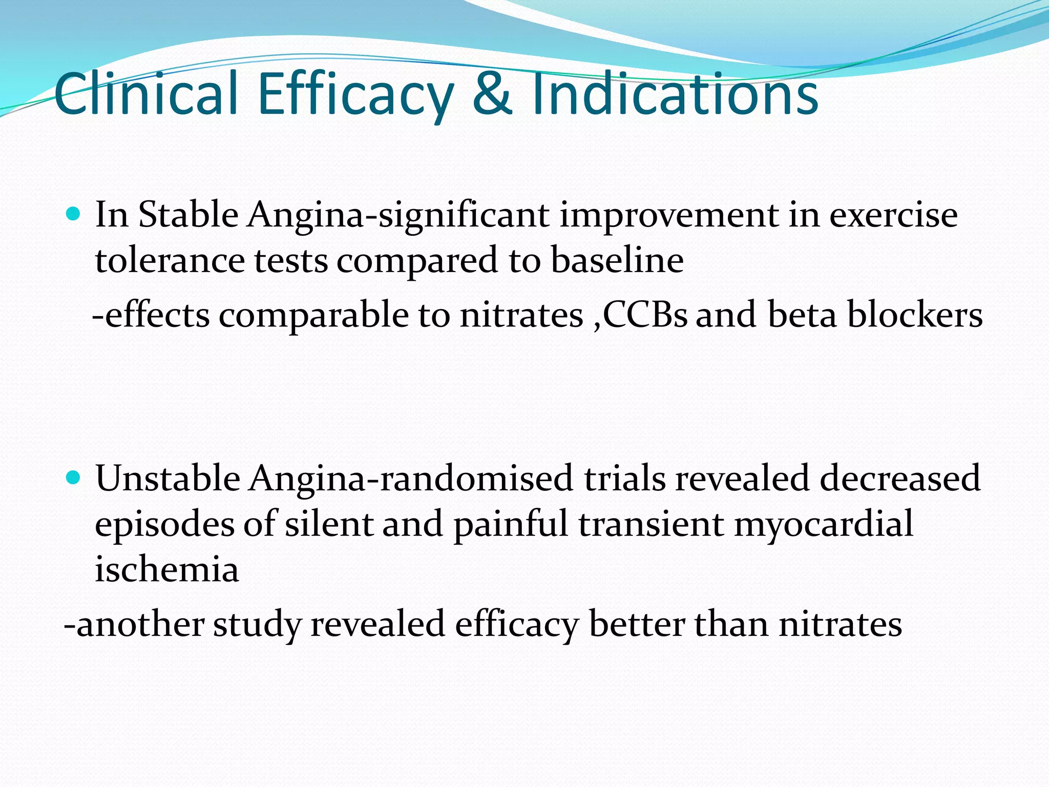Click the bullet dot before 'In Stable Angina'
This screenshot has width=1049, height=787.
pos(74,214)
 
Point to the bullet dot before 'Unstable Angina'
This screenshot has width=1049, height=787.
pos(74,478)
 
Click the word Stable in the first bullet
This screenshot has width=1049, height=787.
pos(188,214)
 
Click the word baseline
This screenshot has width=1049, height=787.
pos(617,260)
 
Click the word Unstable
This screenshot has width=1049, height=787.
pos(168,478)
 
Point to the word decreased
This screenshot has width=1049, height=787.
pos(899,478)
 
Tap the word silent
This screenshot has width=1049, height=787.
pos(328,524)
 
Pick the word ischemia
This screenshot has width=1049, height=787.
pos(167,569)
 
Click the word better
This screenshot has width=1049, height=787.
pos(637,624)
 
